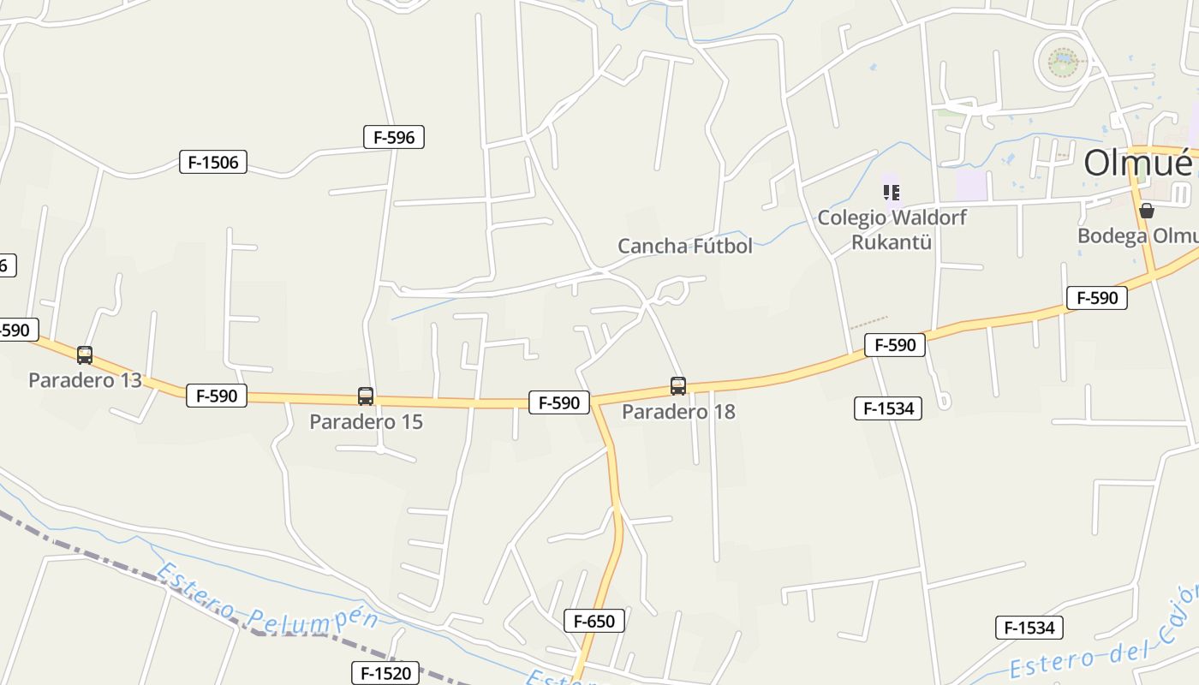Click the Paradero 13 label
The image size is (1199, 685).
click(85, 380)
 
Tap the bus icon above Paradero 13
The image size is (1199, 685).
click(85, 355)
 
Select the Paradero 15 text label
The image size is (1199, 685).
click(366, 422)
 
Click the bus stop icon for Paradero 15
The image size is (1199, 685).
click(366, 396)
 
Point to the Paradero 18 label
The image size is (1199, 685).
click(678, 412)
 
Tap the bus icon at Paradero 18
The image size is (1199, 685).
click(678, 386)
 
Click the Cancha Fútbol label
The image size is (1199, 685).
click(685, 247)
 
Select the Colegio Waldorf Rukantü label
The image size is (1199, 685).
click(892, 229)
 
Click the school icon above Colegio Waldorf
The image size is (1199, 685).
click(891, 193)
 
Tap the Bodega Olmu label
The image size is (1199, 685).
click(1136, 236)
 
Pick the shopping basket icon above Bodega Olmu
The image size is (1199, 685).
click(1147, 211)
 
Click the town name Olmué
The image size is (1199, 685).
click(1138, 164)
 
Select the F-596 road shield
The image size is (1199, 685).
click(394, 137)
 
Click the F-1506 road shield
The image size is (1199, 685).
click(213, 162)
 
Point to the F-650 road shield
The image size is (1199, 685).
click(594, 622)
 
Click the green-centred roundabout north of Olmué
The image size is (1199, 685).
click(1062, 62)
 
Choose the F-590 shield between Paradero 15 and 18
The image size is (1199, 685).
click(559, 402)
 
